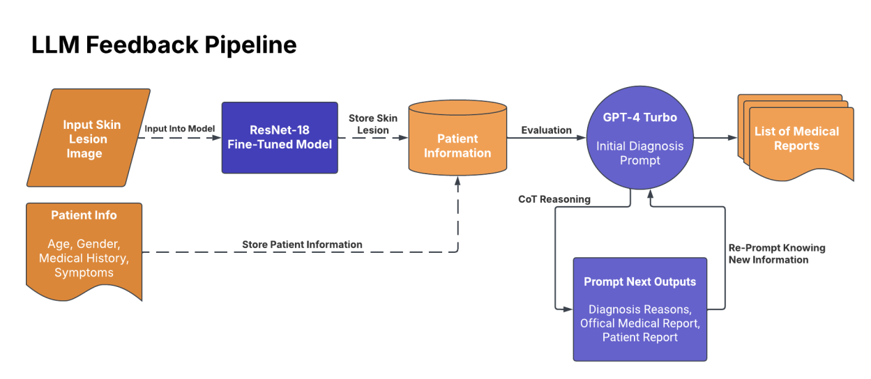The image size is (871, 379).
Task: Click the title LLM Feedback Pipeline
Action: (164, 45)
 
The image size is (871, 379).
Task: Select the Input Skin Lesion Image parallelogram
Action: (89, 138)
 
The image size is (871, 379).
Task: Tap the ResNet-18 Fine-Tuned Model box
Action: (280, 137)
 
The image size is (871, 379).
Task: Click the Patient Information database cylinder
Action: (457, 138)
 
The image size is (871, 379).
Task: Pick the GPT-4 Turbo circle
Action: (640, 137)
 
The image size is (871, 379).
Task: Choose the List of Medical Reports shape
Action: (796, 138)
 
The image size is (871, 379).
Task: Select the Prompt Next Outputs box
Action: (640, 309)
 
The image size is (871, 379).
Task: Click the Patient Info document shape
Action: (84, 252)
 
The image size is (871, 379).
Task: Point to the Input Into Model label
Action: (180, 128)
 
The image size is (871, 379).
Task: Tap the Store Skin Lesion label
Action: (373, 124)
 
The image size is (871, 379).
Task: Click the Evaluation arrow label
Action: (546, 130)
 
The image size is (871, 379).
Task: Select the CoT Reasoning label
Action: (554, 199)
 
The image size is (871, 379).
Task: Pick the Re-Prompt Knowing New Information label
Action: (777, 254)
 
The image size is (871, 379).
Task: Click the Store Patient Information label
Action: (302, 245)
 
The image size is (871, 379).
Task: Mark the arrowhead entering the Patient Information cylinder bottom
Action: (457, 181)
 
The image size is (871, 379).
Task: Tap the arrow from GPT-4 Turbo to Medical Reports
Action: (715, 137)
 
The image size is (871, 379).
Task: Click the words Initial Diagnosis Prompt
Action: (640, 153)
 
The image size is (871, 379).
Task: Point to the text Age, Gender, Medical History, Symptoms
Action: (84, 258)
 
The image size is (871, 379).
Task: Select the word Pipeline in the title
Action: (251, 45)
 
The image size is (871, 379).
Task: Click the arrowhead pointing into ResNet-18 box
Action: (217, 138)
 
